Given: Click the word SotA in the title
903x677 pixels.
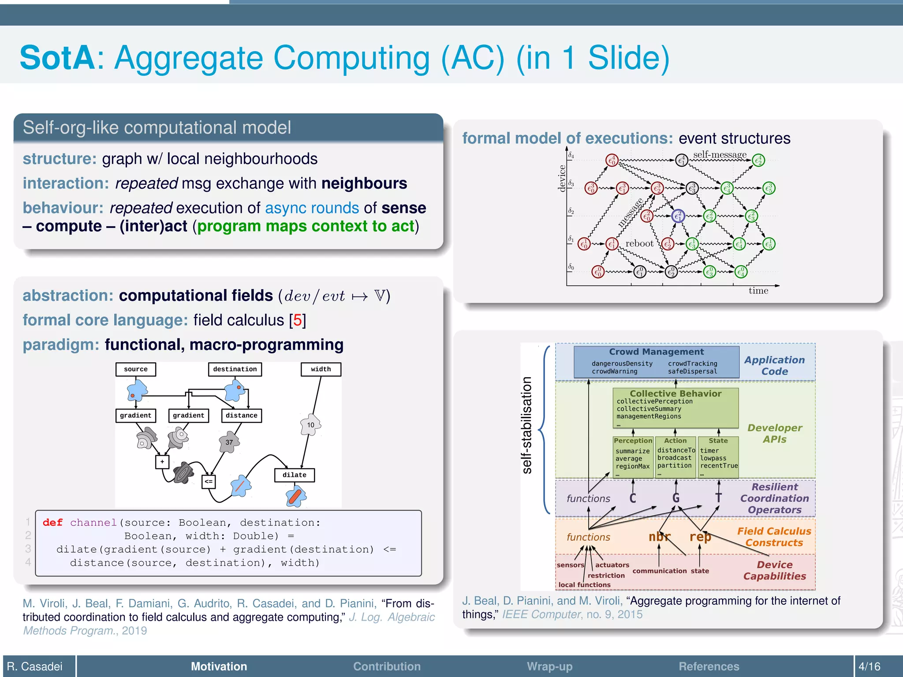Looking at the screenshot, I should point(57,58).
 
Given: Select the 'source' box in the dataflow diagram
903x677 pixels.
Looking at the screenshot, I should point(135,369).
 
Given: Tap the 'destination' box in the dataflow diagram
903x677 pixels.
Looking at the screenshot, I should point(235,369).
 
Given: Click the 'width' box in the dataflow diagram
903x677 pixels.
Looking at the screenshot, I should point(321,369).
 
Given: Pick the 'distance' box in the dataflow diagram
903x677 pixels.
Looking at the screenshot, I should point(241,416).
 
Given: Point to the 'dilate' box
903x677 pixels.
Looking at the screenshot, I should point(294,475).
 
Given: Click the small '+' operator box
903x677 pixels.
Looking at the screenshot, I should point(162,461).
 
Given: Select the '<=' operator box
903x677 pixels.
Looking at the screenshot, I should point(209,481).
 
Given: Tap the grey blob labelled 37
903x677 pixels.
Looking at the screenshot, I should point(229,442).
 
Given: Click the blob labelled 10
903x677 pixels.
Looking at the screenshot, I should point(311,425).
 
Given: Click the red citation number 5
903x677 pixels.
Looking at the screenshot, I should point(298,320).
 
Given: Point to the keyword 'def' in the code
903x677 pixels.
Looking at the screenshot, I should point(52,523).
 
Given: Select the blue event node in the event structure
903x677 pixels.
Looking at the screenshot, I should point(678,216).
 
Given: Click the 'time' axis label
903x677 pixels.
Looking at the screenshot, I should point(758,291).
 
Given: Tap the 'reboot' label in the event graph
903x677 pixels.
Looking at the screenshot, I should point(639,244).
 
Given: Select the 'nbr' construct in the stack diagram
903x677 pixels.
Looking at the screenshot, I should point(659,537).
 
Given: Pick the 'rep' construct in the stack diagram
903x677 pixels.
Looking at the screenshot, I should point(700,537).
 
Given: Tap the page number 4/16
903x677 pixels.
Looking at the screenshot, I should point(869,666).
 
